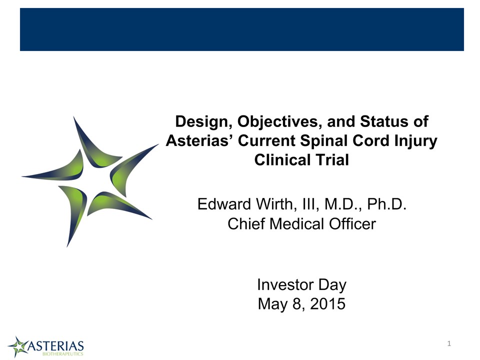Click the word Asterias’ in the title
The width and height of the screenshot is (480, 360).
tap(200, 141)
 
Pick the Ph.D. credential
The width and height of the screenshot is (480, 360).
tap(386, 204)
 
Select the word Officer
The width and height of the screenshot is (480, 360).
tap(352, 224)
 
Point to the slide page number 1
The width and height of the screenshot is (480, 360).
tap(449, 343)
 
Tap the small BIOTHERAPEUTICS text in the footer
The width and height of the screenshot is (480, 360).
tap(63, 354)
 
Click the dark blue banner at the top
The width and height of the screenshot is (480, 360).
tap(242, 29)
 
